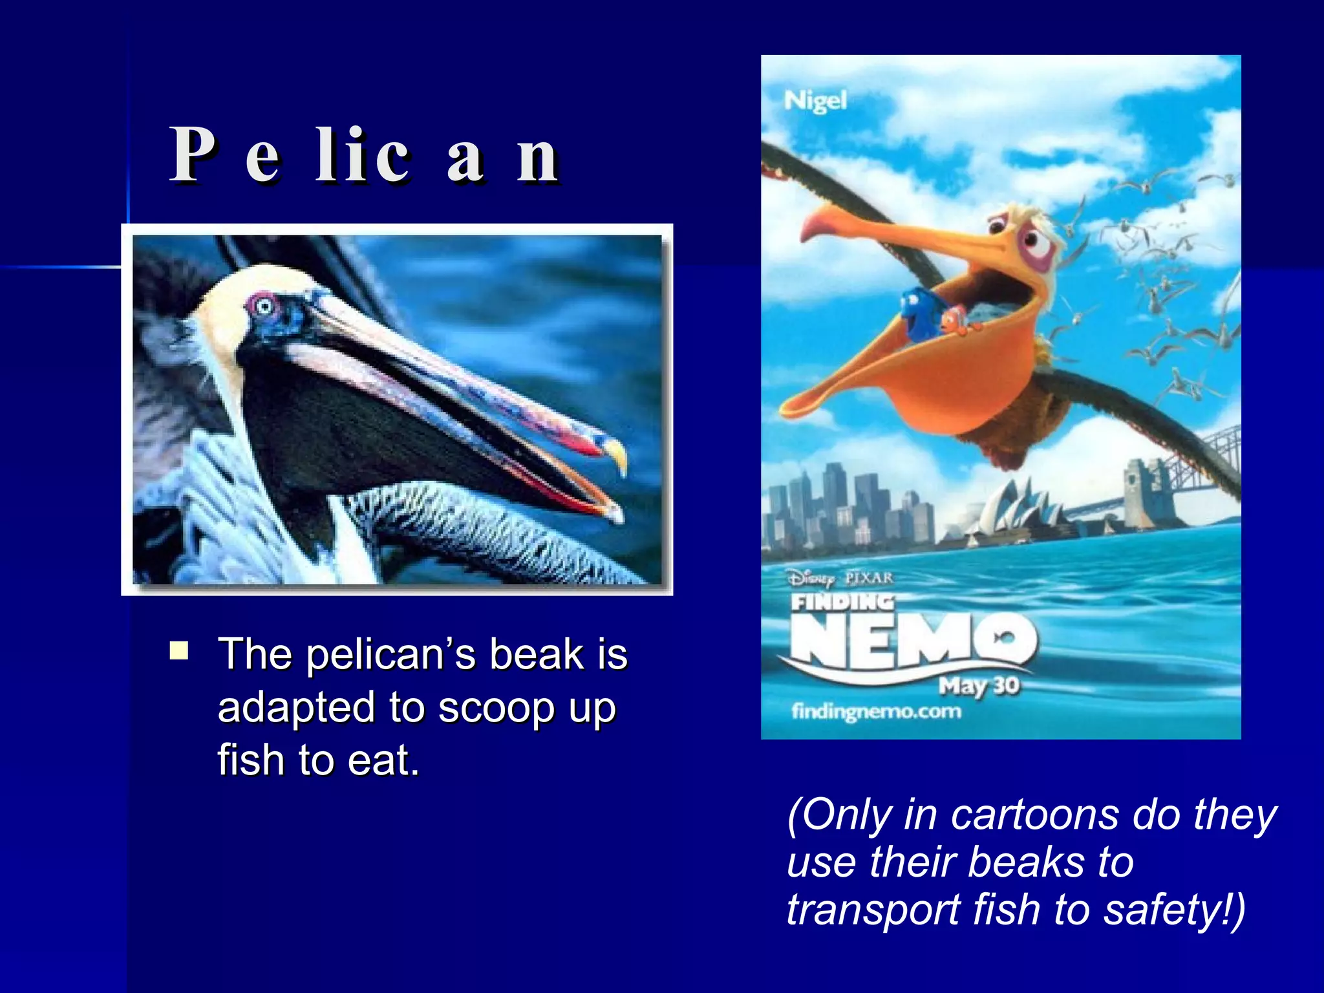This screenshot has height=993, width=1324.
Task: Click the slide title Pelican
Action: (x=365, y=155)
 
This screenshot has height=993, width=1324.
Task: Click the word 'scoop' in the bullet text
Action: (x=496, y=708)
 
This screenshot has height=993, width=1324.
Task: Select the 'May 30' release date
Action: (x=979, y=685)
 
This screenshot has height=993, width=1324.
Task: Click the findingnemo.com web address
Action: (x=877, y=712)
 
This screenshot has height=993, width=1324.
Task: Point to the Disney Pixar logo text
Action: (x=840, y=577)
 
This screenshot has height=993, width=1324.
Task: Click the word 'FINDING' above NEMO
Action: (x=842, y=603)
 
